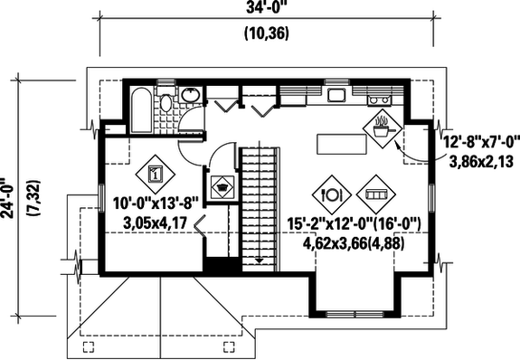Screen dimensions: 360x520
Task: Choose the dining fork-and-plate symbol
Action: point(330,194)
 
